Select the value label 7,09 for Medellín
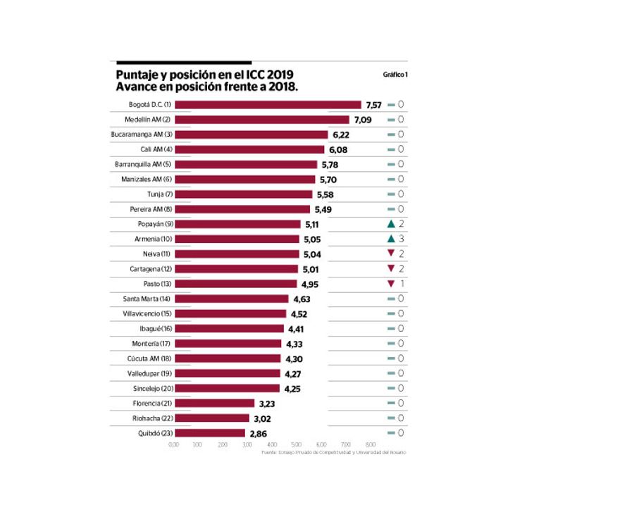point(367,120)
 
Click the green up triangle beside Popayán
point(390,224)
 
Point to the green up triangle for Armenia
point(390,239)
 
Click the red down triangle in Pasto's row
point(390,284)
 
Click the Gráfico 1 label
point(395,74)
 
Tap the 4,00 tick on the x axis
point(272,445)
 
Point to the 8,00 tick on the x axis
point(371,445)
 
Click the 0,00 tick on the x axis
point(173,445)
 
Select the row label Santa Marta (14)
point(147,299)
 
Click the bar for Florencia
point(214,404)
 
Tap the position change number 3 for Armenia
point(401,239)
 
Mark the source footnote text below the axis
point(333,453)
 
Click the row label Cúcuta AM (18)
point(149,358)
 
